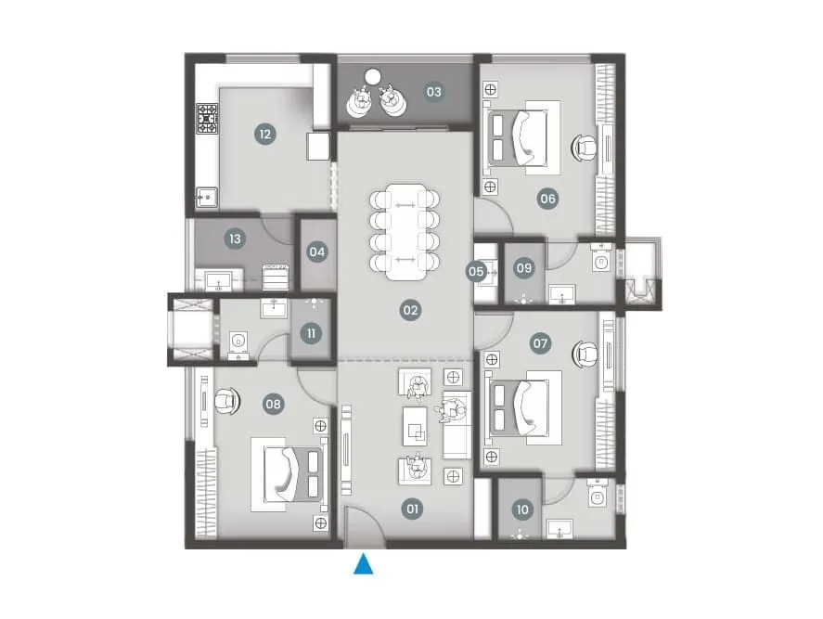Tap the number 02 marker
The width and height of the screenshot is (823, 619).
click(410, 311)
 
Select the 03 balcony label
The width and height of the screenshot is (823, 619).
click(434, 92)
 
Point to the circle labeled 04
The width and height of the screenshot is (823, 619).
click(317, 251)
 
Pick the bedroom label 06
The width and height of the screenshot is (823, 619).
click(547, 198)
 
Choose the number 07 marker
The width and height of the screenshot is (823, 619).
click(541, 343)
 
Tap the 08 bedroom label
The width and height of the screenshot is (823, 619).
click(273, 404)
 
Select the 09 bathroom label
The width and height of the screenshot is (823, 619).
click(524, 268)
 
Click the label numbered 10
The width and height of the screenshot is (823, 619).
click(522, 509)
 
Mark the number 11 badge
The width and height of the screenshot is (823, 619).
click(312, 332)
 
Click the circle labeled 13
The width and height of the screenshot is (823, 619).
click(236, 239)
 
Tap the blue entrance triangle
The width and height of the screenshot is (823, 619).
click(364, 563)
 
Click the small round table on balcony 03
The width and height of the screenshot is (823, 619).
click(373, 77)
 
